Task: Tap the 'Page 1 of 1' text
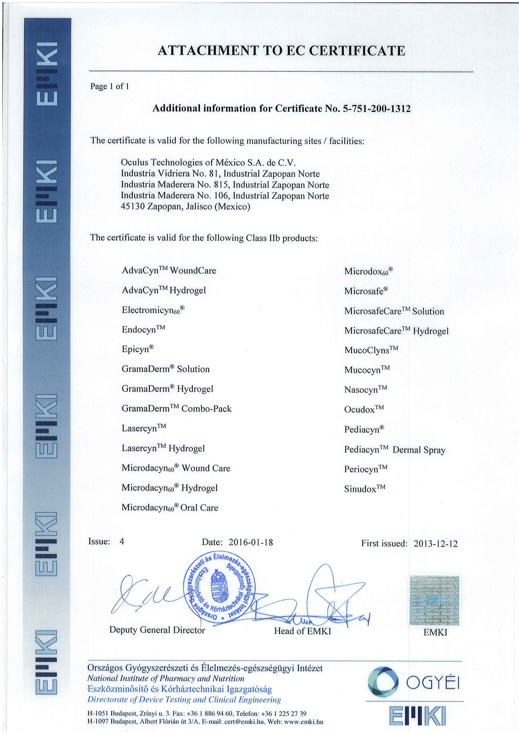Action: pyautogui.click(x=110, y=86)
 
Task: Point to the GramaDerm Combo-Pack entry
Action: pyautogui.click(x=176, y=409)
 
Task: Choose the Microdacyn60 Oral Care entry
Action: pyautogui.click(x=170, y=507)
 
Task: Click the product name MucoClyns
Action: pyautogui.click(x=371, y=350)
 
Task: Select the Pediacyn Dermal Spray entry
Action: pyautogui.click(x=394, y=450)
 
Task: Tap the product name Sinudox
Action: pyautogui.click(x=364, y=489)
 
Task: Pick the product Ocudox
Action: pyautogui.click(x=364, y=409)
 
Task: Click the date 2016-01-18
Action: pyautogui.click(x=251, y=542)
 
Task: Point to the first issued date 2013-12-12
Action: pyautogui.click(x=436, y=544)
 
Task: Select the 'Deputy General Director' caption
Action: pyautogui.click(x=157, y=630)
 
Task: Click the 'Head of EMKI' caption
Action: pyautogui.click(x=303, y=631)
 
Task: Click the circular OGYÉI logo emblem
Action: pyautogui.click(x=383, y=681)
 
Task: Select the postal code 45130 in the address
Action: pyautogui.click(x=132, y=206)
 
